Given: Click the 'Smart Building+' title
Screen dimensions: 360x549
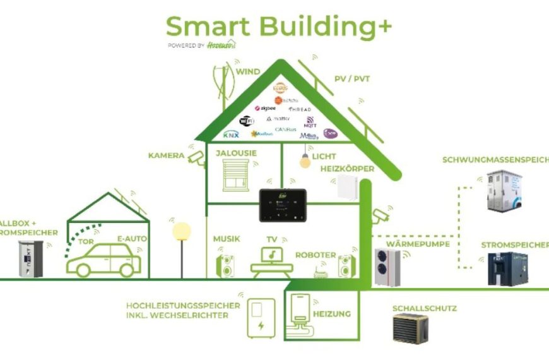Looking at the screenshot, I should click(278, 27).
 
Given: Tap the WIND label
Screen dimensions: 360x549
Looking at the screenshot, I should click(248, 72).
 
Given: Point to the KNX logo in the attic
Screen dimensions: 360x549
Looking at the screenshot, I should click(231, 135).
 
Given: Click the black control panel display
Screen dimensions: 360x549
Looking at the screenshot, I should click(283, 205).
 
